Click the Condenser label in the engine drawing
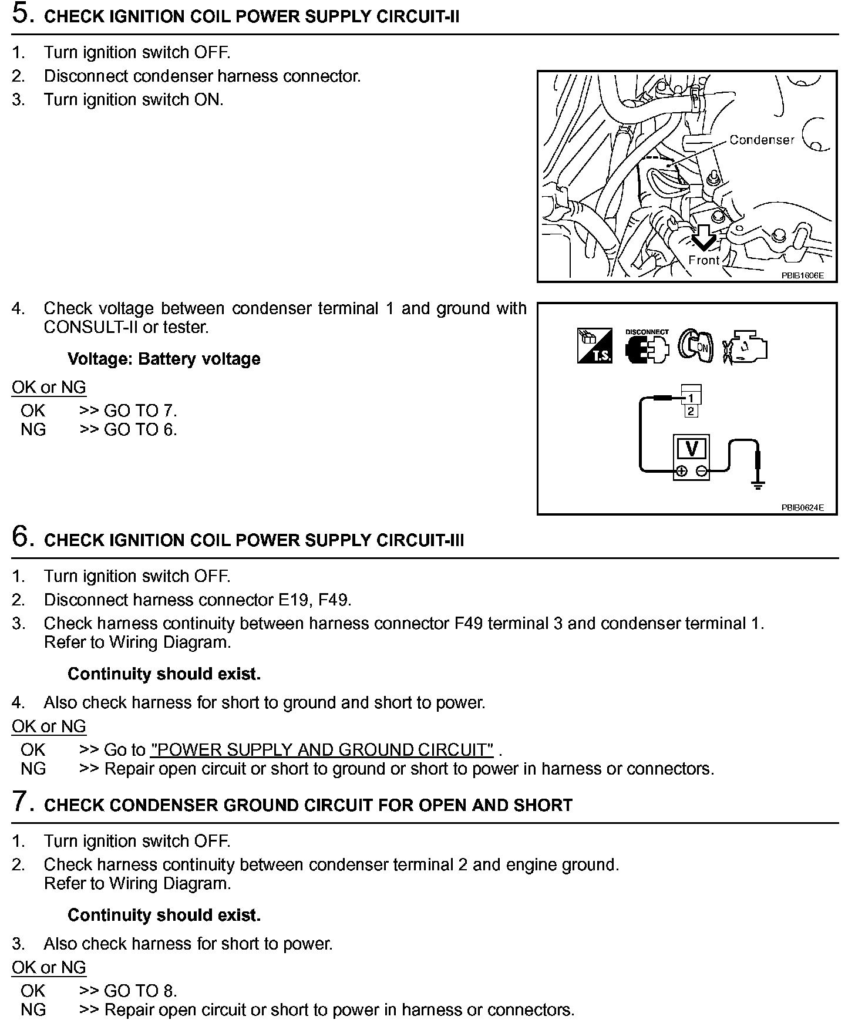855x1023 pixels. tap(762, 140)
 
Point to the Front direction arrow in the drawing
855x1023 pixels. tap(703, 238)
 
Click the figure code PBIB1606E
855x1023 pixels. tap(802, 275)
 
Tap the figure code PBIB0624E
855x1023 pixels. tap(802, 507)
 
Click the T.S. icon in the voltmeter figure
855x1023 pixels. tap(594, 346)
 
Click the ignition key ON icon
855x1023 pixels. tap(696, 346)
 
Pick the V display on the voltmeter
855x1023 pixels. tap(692, 449)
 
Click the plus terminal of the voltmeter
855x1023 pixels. tap(681, 471)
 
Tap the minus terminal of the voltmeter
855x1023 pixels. tap(702, 471)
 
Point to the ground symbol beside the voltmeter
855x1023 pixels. tap(758, 485)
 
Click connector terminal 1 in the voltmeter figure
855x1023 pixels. tap(691, 398)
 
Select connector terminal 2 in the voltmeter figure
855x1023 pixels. tap(691, 411)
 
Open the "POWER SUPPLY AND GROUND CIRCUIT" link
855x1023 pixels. tap(322, 750)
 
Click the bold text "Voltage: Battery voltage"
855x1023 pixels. tap(164, 359)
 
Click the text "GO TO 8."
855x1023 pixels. tap(140, 991)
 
